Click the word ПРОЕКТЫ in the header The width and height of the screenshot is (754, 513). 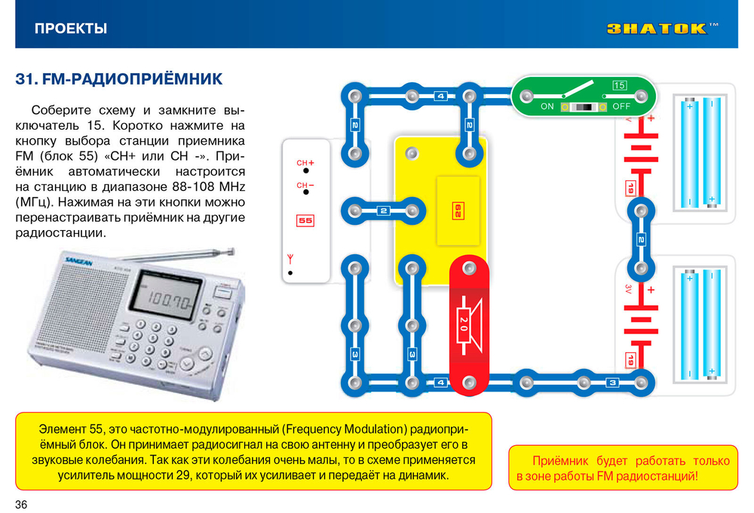tap(71, 29)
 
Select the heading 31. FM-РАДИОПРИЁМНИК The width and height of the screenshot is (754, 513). tap(119, 79)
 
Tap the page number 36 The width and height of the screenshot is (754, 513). tap(21, 505)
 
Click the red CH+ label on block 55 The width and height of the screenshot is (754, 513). tap(305, 163)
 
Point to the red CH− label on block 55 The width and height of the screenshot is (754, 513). tap(305, 186)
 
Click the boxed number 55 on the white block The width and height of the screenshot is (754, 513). tap(305, 220)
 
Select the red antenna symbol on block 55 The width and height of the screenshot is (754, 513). tap(290, 259)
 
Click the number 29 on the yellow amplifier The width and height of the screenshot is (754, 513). tap(458, 210)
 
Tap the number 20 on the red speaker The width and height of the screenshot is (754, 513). tap(464, 324)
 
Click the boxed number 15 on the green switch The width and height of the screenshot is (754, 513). tap(619, 85)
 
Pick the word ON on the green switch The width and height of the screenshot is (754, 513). tap(547, 106)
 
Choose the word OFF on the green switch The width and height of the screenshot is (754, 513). tap(621, 106)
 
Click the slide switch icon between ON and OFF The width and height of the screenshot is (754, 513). tap(584, 107)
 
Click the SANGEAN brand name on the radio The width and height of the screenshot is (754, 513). tap(79, 263)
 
